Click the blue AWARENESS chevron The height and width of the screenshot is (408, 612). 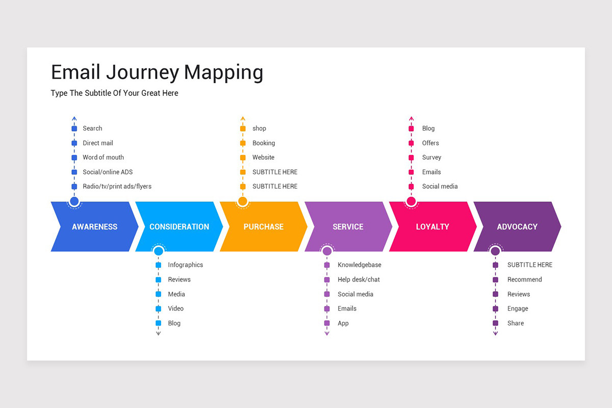pos(94,226)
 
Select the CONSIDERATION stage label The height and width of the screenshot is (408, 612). pos(179,226)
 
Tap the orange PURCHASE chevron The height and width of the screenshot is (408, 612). pos(263,226)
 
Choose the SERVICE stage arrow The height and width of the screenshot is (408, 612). pos(348,226)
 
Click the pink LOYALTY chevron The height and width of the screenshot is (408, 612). pos(432,226)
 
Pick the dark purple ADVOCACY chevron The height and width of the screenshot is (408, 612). pos(517,226)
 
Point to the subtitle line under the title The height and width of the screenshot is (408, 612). pos(114,93)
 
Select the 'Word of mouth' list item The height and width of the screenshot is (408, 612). pos(103,158)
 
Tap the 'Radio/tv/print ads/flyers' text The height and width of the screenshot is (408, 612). pos(117,187)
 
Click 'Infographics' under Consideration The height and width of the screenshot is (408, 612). pos(185,265)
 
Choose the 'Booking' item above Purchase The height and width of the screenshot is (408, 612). pos(263,143)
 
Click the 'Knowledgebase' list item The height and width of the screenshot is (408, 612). pos(359,265)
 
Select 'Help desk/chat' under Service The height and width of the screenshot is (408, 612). pos(359,279)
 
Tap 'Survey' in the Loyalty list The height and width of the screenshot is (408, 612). pos(431,158)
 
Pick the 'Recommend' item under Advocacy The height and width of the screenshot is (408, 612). pos(524,279)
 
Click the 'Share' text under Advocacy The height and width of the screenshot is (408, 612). pos(515,323)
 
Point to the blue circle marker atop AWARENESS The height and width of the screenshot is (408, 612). pos(74,201)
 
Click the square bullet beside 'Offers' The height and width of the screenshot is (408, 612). pos(411,143)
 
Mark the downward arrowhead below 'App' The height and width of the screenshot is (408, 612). pos(327,334)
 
